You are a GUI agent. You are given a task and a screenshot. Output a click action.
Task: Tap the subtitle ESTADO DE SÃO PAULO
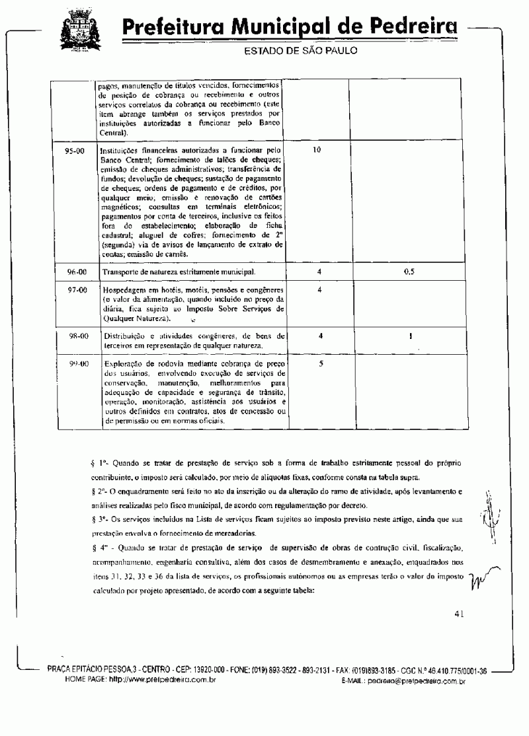point(301,51)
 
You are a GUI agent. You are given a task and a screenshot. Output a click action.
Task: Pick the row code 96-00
point(77,272)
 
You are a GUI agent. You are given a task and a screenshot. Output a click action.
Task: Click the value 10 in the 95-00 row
point(317,151)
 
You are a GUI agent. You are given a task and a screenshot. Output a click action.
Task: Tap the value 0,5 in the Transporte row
point(409,272)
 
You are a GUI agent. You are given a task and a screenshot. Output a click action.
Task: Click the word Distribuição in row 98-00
point(126,336)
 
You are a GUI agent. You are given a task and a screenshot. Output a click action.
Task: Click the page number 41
point(460,614)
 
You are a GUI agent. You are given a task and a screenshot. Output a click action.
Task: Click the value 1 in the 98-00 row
point(411,336)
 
